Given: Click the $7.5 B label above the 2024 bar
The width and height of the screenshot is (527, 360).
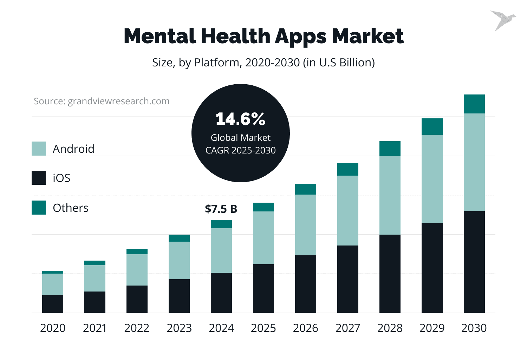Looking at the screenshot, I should [221, 209].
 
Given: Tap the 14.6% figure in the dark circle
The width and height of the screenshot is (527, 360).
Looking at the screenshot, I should [240, 119].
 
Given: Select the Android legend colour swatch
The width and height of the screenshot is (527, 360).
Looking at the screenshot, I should [39, 149].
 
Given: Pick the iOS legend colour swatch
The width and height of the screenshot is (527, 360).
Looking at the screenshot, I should [39, 178].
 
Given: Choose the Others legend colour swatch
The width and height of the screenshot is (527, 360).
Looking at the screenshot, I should [39, 208].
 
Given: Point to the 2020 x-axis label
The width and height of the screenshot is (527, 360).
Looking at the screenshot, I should [53, 328].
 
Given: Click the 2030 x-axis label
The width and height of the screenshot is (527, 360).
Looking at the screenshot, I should [474, 328].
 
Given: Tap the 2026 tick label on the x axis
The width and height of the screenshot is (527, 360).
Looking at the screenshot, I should [305, 328].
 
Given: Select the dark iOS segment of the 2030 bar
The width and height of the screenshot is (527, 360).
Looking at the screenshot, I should [474, 262].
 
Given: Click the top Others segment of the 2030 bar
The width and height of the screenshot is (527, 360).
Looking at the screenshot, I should [474, 104].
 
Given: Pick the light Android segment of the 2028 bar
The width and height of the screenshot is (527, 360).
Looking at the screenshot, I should [390, 195].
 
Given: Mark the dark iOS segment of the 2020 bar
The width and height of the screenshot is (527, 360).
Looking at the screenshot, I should [53, 304].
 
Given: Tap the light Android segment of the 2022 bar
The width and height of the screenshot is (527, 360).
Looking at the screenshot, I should [137, 270].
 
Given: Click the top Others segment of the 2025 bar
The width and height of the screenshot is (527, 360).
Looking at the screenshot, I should [263, 207].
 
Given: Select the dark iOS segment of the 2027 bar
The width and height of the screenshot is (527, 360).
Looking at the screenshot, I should [347, 279].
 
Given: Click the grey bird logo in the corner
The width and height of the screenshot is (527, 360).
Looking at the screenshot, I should [502, 20].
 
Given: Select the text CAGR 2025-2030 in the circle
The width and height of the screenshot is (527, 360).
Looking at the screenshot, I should [240, 150].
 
